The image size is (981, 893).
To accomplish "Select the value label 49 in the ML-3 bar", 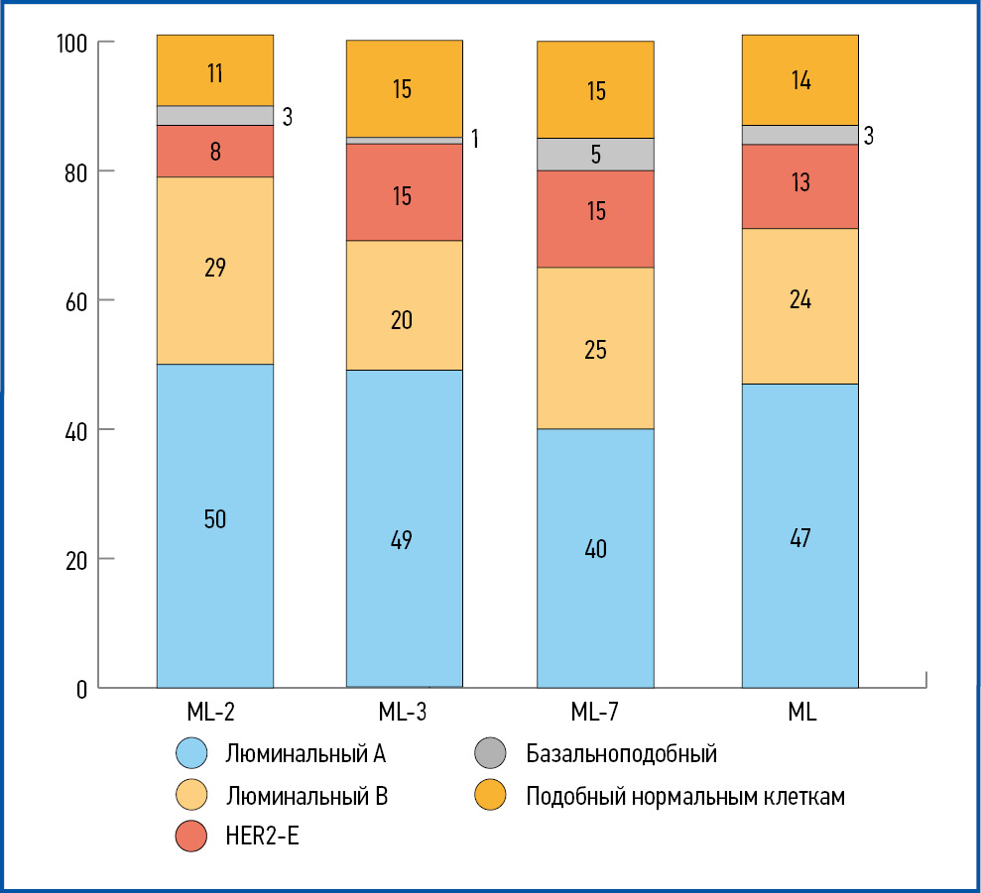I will tap(403, 540).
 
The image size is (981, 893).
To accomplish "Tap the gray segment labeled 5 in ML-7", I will tap(595, 154).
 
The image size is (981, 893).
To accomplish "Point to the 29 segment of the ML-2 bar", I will tap(215, 269).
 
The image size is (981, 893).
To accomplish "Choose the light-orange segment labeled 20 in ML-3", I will tap(404, 320).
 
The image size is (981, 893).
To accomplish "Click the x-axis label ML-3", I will tap(403, 712).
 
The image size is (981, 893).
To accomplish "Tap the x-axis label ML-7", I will tap(595, 712).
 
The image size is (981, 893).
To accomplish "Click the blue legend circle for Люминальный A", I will tap(192, 754).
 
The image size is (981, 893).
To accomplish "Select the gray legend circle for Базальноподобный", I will tap(492, 754).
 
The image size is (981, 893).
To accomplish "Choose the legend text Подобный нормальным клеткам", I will tap(685, 796).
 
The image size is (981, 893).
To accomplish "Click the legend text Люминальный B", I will tap(306, 796).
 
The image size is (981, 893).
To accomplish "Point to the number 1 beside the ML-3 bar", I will tap(475, 138).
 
